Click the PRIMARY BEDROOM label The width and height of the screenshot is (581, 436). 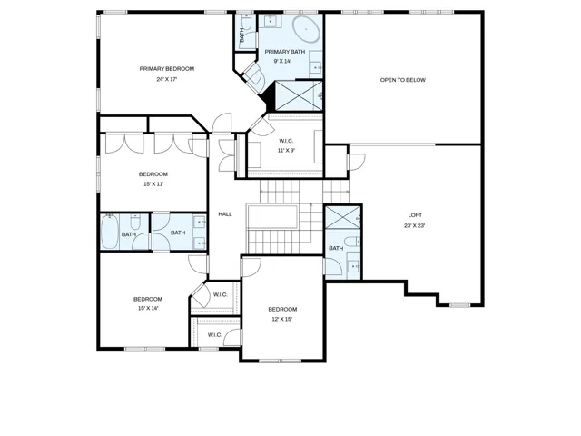coord(167,69)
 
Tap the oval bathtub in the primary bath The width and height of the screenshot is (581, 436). coord(307,28)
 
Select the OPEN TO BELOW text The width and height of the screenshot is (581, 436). coord(403,80)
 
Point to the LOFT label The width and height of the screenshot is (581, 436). coord(415,215)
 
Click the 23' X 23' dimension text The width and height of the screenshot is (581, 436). coord(415,225)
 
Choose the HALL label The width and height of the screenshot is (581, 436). coord(225,214)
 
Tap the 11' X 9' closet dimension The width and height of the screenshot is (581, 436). coord(286,151)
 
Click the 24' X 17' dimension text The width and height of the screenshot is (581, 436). coord(167,79)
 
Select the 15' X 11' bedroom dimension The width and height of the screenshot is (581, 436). coord(153,183)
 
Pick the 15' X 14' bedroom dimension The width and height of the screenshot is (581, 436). coord(148,308)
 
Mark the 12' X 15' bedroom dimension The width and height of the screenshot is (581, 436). coord(282,319)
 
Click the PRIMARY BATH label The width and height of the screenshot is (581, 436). coord(285,52)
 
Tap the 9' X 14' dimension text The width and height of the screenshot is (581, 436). coord(282,61)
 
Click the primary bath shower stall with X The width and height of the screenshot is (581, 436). coord(299,95)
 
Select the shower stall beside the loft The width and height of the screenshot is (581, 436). coord(343,217)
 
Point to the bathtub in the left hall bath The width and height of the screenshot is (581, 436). coord(110,232)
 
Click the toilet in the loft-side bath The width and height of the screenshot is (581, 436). coord(352,242)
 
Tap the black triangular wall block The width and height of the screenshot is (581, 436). coord(270,97)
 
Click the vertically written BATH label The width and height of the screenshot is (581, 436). coord(242,35)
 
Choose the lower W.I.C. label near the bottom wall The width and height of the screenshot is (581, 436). coord(215,335)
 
